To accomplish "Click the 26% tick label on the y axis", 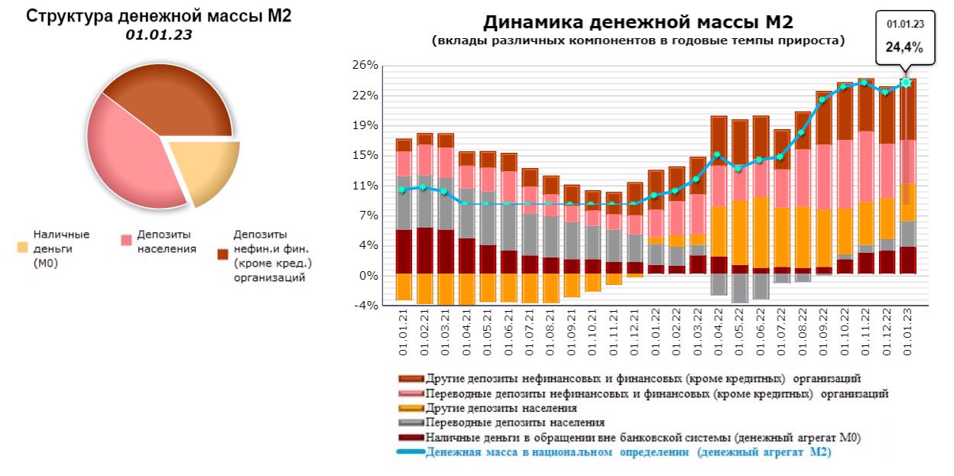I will pos(365,66).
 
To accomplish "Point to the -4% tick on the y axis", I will pos(365,306).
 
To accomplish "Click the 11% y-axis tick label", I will pos(365,186).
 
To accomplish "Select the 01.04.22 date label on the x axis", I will pos(719,332).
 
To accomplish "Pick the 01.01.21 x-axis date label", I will pos(404,332).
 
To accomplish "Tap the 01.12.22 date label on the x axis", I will pos(885,332).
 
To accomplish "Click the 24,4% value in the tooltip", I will pos(904,47).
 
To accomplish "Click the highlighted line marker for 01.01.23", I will pos(906,82).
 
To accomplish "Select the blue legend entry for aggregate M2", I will pos(627,452).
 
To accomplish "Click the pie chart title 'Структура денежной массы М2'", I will pos(160,16).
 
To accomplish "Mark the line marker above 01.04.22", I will pos(718,155).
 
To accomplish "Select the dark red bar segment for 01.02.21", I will pos(425,251).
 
